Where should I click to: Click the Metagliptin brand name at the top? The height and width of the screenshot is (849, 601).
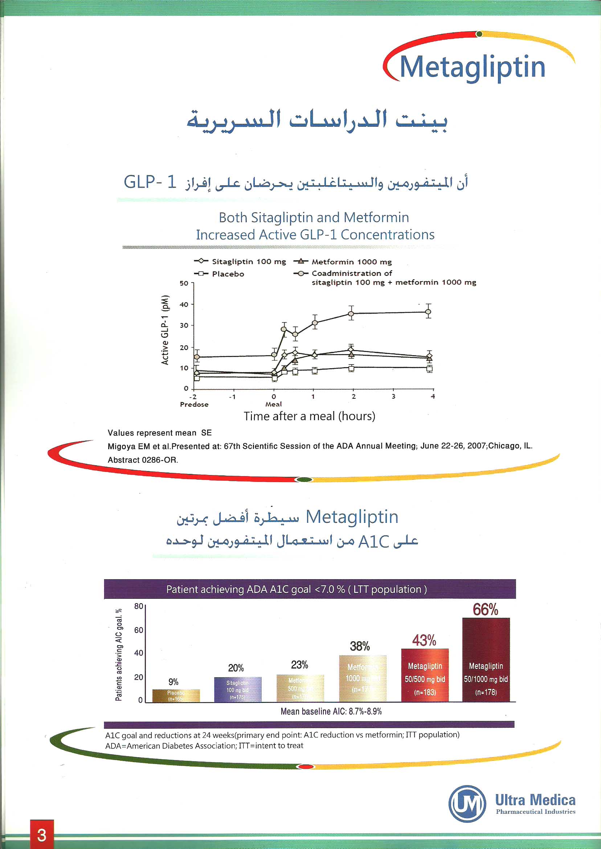click(473, 68)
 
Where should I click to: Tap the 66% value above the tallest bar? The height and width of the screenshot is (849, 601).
click(485, 609)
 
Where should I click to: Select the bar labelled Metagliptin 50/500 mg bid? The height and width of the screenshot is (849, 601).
click(425, 675)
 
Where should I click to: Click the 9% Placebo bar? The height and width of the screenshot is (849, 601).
click(176, 695)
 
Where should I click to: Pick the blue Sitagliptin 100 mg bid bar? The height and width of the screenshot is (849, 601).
click(238, 690)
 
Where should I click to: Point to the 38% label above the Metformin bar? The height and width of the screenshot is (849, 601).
click(360, 646)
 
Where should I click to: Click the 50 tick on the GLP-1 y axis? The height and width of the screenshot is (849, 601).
click(184, 283)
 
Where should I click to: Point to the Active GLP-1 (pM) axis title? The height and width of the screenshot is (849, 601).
click(165, 330)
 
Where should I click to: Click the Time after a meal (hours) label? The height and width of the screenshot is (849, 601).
click(309, 416)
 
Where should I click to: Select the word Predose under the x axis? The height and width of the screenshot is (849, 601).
click(194, 404)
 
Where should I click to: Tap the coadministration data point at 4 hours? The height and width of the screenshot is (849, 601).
click(428, 312)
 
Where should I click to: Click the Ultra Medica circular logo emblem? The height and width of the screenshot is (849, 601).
click(467, 804)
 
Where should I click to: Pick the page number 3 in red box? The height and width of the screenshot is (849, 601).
click(42, 835)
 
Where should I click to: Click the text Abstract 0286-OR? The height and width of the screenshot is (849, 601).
click(143, 460)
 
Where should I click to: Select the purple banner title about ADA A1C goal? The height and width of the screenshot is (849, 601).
click(297, 589)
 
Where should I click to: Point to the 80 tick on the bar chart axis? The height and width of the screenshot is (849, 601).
click(138, 606)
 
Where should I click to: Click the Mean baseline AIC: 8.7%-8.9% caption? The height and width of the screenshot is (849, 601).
click(331, 711)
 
